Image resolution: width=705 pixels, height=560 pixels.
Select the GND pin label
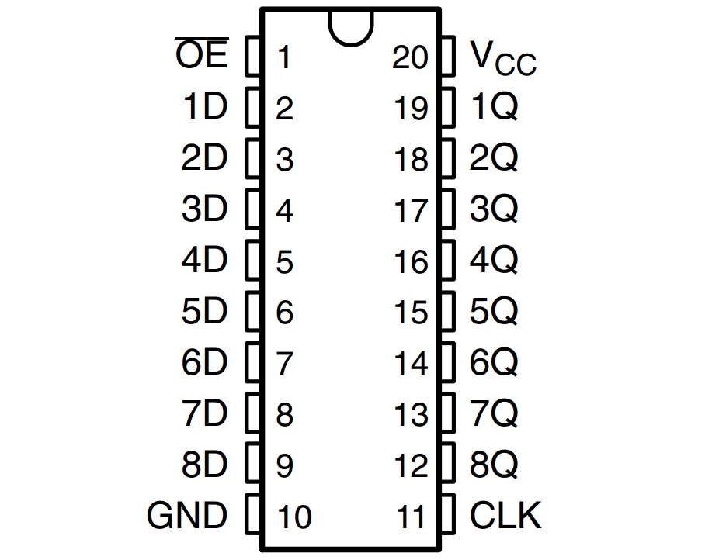[x=187, y=515]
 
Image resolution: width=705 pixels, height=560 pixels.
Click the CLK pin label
[x=505, y=515]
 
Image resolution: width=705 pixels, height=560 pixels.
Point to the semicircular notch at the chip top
[x=351, y=26]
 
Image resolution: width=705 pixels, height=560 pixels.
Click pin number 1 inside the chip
[x=283, y=57]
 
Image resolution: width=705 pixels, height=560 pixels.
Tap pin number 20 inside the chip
[x=410, y=57]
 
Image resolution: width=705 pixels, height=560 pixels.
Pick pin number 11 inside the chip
[x=412, y=517]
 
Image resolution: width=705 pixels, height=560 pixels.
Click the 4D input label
[x=204, y=261]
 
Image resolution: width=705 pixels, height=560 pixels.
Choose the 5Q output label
[x=494, y=312]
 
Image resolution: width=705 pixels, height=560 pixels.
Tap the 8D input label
[x=204, y=465]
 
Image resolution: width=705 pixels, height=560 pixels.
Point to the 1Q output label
[x=494, y=108]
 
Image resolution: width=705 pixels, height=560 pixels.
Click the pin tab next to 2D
[x=253, y=158]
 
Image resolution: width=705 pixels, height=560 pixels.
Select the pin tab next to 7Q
[x=447, y=414]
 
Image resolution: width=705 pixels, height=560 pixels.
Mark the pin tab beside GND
[x=253, y=515]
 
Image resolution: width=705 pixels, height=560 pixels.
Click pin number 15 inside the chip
[x=411, y=313]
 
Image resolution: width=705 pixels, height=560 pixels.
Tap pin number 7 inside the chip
[x=283, y=364]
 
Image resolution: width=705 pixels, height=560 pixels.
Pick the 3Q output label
[x=494, y=209]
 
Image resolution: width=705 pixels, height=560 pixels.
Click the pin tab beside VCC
[x=447, y=56]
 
